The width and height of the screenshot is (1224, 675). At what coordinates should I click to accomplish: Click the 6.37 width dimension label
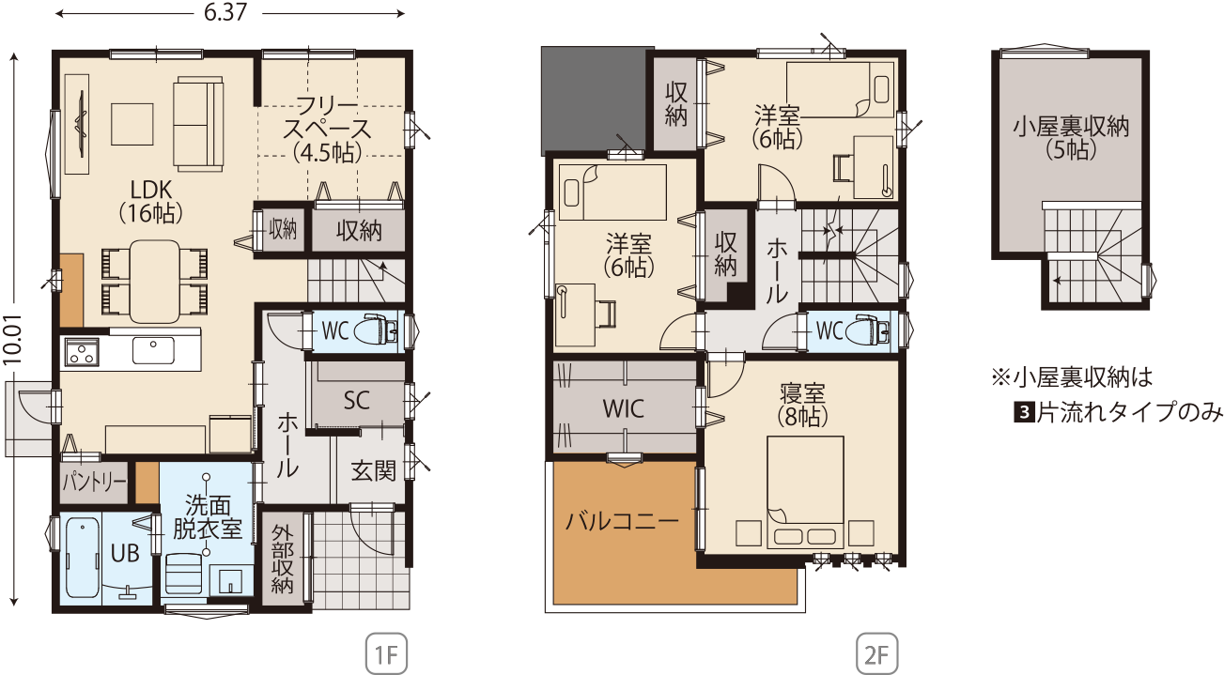(225, 12)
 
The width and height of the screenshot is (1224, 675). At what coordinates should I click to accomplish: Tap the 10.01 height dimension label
(12, 339)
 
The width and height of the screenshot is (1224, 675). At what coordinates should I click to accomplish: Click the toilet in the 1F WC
(377, 330)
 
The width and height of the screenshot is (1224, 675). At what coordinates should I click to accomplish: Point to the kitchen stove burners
(82, 352)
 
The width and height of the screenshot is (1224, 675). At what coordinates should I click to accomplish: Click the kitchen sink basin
(153, 350)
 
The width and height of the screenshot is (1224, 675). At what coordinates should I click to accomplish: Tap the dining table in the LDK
(154, 282)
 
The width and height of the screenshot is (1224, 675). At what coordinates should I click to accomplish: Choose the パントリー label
(93, 483)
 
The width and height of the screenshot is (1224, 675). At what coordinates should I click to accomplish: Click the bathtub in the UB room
(82, 557)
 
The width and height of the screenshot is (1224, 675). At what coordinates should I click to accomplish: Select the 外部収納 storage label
(283, 560)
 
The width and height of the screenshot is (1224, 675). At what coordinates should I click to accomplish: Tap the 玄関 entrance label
(373, 470)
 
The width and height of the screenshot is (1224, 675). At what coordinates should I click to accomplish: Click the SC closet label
(356, 400)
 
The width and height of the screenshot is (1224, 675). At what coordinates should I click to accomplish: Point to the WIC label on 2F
(624, 408)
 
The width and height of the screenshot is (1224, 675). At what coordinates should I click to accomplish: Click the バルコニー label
(623, 522)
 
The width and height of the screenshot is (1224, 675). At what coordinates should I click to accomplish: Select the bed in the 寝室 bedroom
(805, 492)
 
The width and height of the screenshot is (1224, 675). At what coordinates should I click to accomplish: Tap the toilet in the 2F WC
(868, 330)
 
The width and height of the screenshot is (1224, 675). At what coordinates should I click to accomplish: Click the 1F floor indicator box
(386, 653)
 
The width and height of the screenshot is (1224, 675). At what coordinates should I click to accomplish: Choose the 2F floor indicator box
(876, 653)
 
